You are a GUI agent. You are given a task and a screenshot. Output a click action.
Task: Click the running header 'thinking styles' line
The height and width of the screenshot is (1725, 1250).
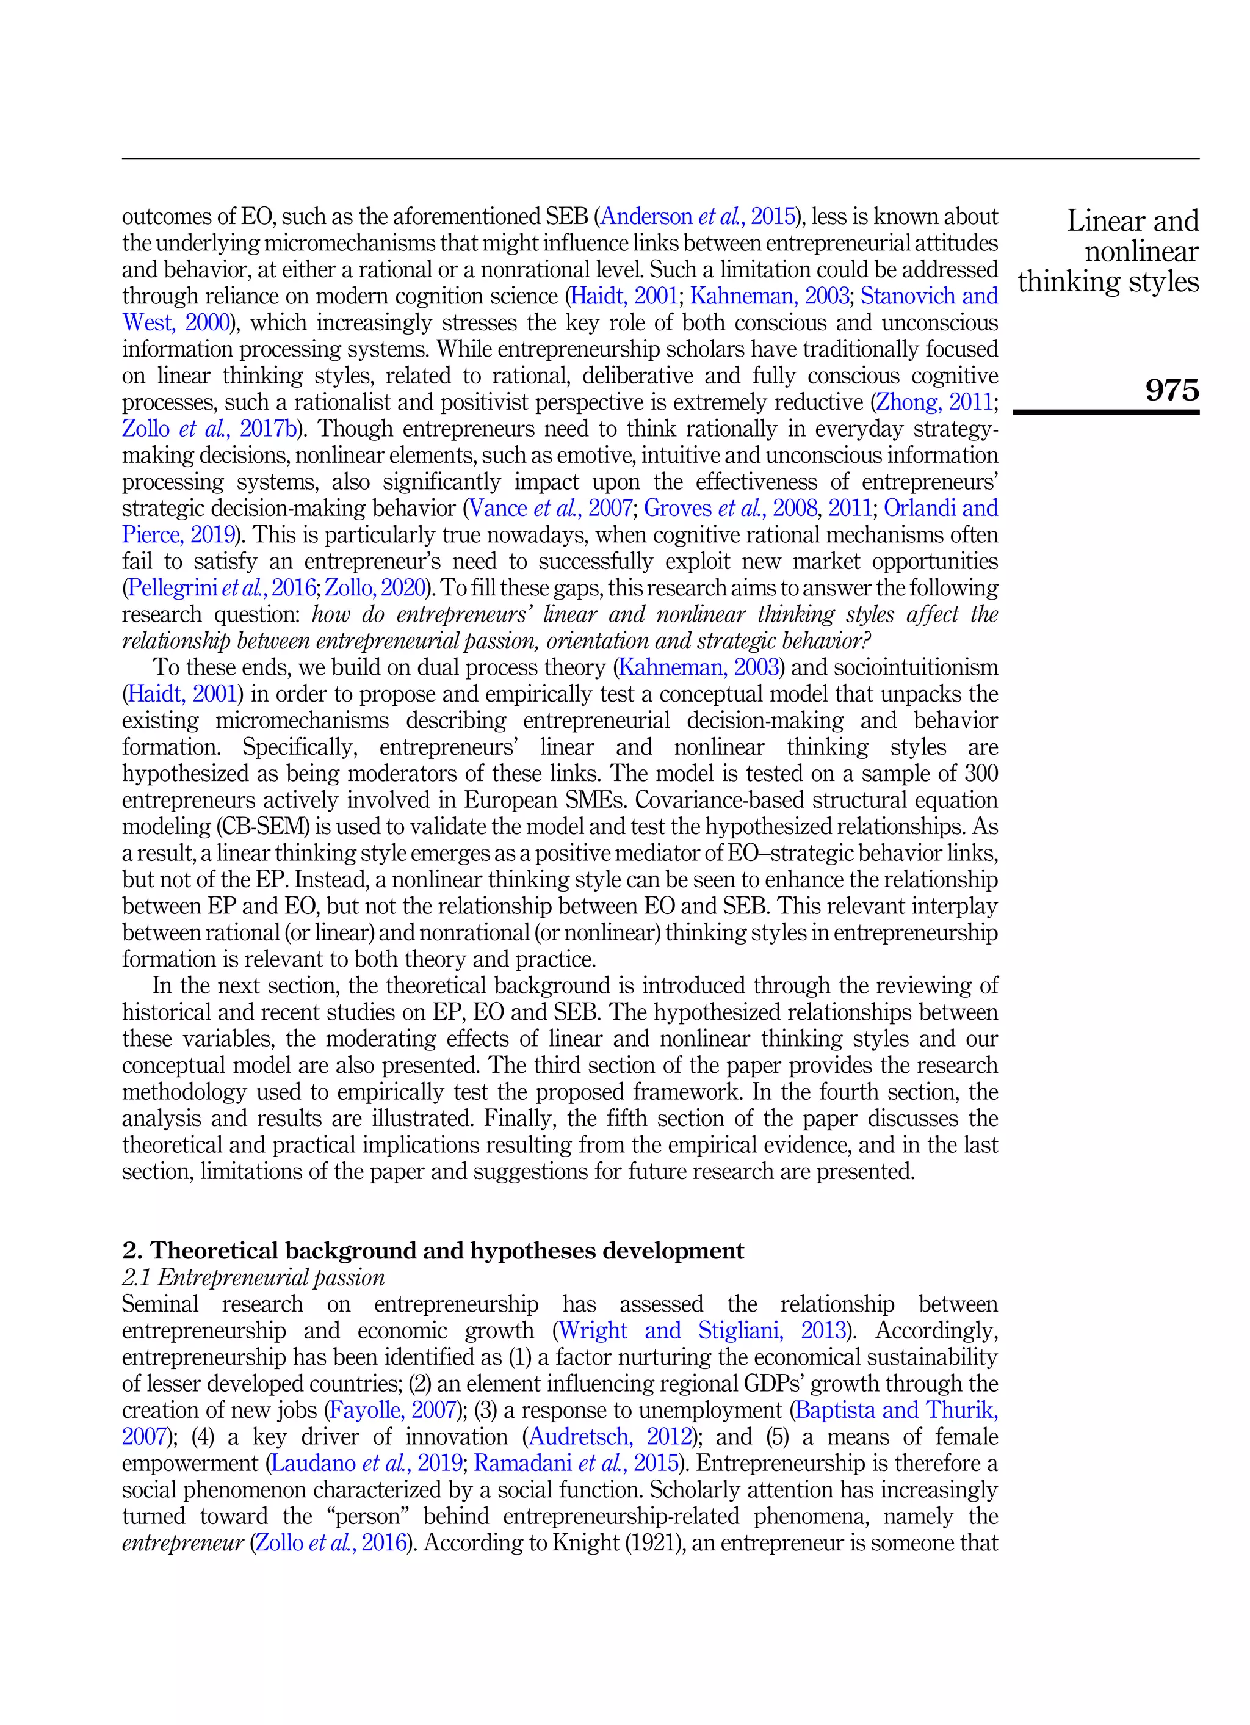[x=1108, y=281]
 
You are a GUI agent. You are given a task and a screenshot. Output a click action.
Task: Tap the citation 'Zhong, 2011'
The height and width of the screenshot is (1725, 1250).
[x=934, y=402]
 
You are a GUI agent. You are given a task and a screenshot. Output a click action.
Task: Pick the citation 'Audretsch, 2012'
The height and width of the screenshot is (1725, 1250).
[x=610, y=1436]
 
